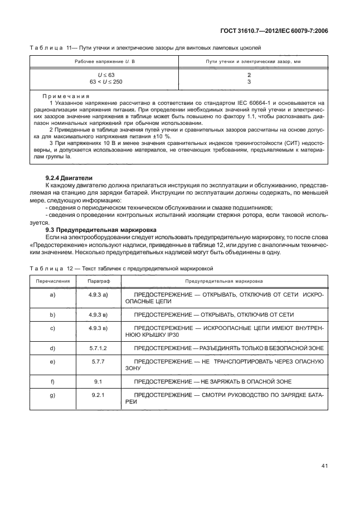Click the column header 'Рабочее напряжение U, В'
[102, 60]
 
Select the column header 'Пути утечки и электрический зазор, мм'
[249, 60]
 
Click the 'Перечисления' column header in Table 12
[52, 282]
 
